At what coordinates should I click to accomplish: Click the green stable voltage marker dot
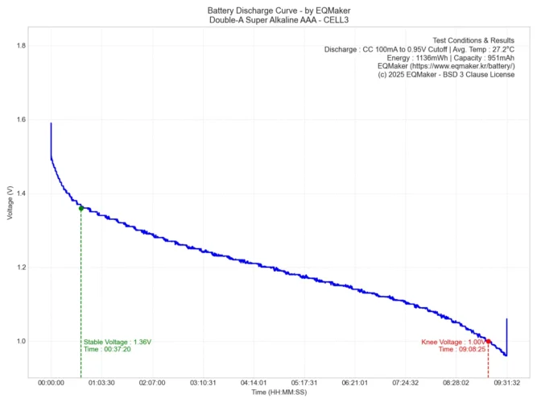click(x=81, y=209)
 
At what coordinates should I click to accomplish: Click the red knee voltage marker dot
click(x=488, y=342)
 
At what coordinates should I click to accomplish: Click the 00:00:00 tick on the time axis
click(x=51, y=384)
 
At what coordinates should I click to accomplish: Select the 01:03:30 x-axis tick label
click(x=101, y=384)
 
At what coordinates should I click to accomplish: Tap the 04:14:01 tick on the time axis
click(x=253, y=384)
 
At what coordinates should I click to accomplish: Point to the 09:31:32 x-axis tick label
click(x=506, y=384)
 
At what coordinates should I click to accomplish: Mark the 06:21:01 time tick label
click(x=354, y=384)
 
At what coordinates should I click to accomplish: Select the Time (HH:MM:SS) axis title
click(x=279, y=393)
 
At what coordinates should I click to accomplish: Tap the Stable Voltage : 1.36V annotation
click(x=118, y=342)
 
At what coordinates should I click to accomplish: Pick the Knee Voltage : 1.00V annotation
click(x=453, y=342)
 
